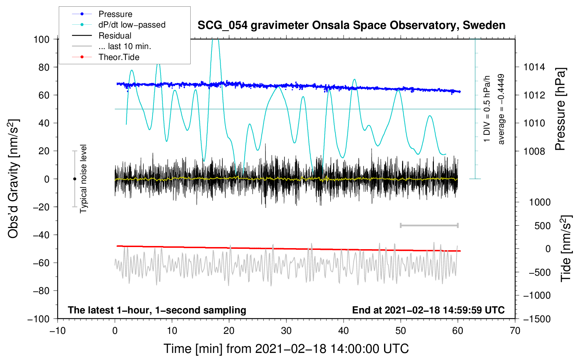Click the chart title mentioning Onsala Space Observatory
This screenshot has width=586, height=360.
[351, 25]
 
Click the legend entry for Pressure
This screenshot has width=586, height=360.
[115, 14]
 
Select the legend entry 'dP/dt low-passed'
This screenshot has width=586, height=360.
[132, 25]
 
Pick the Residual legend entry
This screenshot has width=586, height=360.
[115, 36]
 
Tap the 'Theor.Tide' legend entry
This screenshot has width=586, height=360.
[119, 57]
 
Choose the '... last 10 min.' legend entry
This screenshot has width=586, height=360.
[125, 46]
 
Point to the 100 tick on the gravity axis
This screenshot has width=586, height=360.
[41, 39]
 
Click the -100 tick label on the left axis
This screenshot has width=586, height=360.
[39, 319]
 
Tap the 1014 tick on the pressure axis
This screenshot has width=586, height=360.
[534, 67]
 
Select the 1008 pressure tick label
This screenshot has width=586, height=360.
[534, 151]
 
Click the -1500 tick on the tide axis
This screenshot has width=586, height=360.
[537, 319]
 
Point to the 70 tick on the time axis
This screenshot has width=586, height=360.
[515, 331]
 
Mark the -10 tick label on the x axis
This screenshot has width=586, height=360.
[58, 331]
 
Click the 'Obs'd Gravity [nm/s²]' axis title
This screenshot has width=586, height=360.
[13, 179]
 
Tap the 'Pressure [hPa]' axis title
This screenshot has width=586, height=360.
[560, 109]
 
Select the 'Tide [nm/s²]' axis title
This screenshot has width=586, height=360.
[566, 248]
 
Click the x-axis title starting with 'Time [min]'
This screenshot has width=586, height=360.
[286, 349]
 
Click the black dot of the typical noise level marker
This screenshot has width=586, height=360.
[74, 179]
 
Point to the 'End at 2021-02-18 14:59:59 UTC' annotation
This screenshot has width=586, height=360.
[428, 310]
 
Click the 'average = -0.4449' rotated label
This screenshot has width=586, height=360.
[501, 109]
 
